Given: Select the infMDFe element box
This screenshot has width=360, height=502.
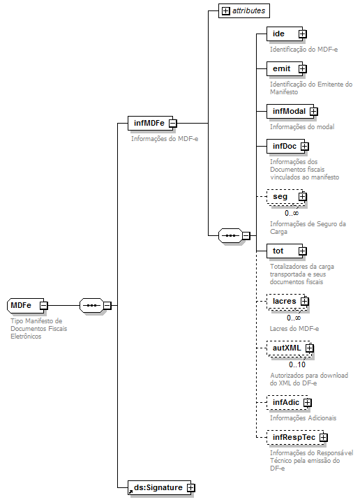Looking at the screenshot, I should [148, 124].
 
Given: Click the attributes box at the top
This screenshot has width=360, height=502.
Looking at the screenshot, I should [243, 11].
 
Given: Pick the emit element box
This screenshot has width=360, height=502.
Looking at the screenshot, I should [283, 68].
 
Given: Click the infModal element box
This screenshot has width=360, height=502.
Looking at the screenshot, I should [289, 110].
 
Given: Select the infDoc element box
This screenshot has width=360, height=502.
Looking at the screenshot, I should [284, 146].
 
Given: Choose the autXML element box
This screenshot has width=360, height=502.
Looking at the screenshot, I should [287, 348].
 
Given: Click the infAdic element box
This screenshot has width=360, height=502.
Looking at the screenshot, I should [285, 402].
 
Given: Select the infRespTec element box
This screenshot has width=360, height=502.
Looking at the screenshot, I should [294, 437].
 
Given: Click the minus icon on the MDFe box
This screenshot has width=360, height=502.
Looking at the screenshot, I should [43, 305].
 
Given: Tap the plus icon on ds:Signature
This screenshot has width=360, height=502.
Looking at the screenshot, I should [190, 487].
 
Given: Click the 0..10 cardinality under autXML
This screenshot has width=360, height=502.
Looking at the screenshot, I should [297, 364].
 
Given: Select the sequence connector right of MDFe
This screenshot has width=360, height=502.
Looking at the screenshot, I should [91, 305].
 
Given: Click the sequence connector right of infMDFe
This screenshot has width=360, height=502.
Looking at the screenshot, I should [230, 236].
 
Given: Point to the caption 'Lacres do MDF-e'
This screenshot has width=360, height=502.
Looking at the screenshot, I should [294, 328].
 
